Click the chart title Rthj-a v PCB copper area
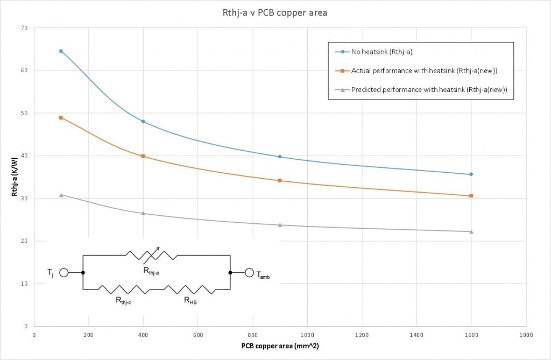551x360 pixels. point(275,12)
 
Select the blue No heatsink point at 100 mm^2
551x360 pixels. point(61,51)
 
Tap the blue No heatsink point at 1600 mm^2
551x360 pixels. point(471,174)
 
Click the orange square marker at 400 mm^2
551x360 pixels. point(143,156)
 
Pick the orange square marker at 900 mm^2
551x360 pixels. point(279,180)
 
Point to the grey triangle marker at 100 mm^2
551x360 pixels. point(61,195)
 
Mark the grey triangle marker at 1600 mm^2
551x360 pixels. point(471,231)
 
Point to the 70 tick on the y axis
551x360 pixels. point(24,27)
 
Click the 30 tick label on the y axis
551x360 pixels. point(24,199)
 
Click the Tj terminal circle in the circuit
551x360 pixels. point(63,273)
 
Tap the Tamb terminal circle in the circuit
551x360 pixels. point(249,273)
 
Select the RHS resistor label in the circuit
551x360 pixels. point(190,301)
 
